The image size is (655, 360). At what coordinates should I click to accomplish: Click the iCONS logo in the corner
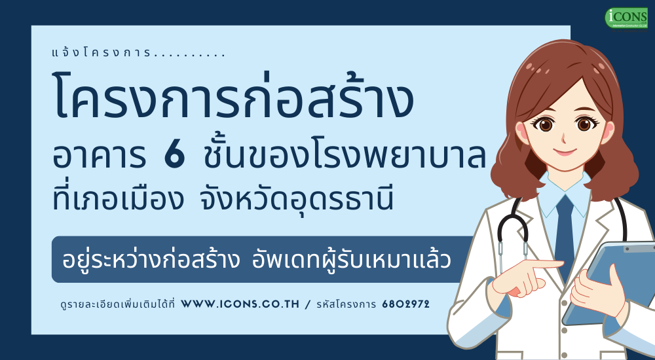[626, 18]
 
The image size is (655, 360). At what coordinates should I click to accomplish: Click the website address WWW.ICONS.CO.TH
[240, 304]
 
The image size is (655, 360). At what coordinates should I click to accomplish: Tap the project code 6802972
[405, 304]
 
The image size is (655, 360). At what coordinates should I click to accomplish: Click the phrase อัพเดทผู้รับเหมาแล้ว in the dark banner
[351, 260]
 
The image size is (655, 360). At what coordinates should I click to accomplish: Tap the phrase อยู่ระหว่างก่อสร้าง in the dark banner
[151, 260]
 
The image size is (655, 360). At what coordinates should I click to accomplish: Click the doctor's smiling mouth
[565, 152]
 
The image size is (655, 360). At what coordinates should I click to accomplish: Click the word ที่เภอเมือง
[118, 197]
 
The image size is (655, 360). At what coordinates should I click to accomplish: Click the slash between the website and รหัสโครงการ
[309, 304]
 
